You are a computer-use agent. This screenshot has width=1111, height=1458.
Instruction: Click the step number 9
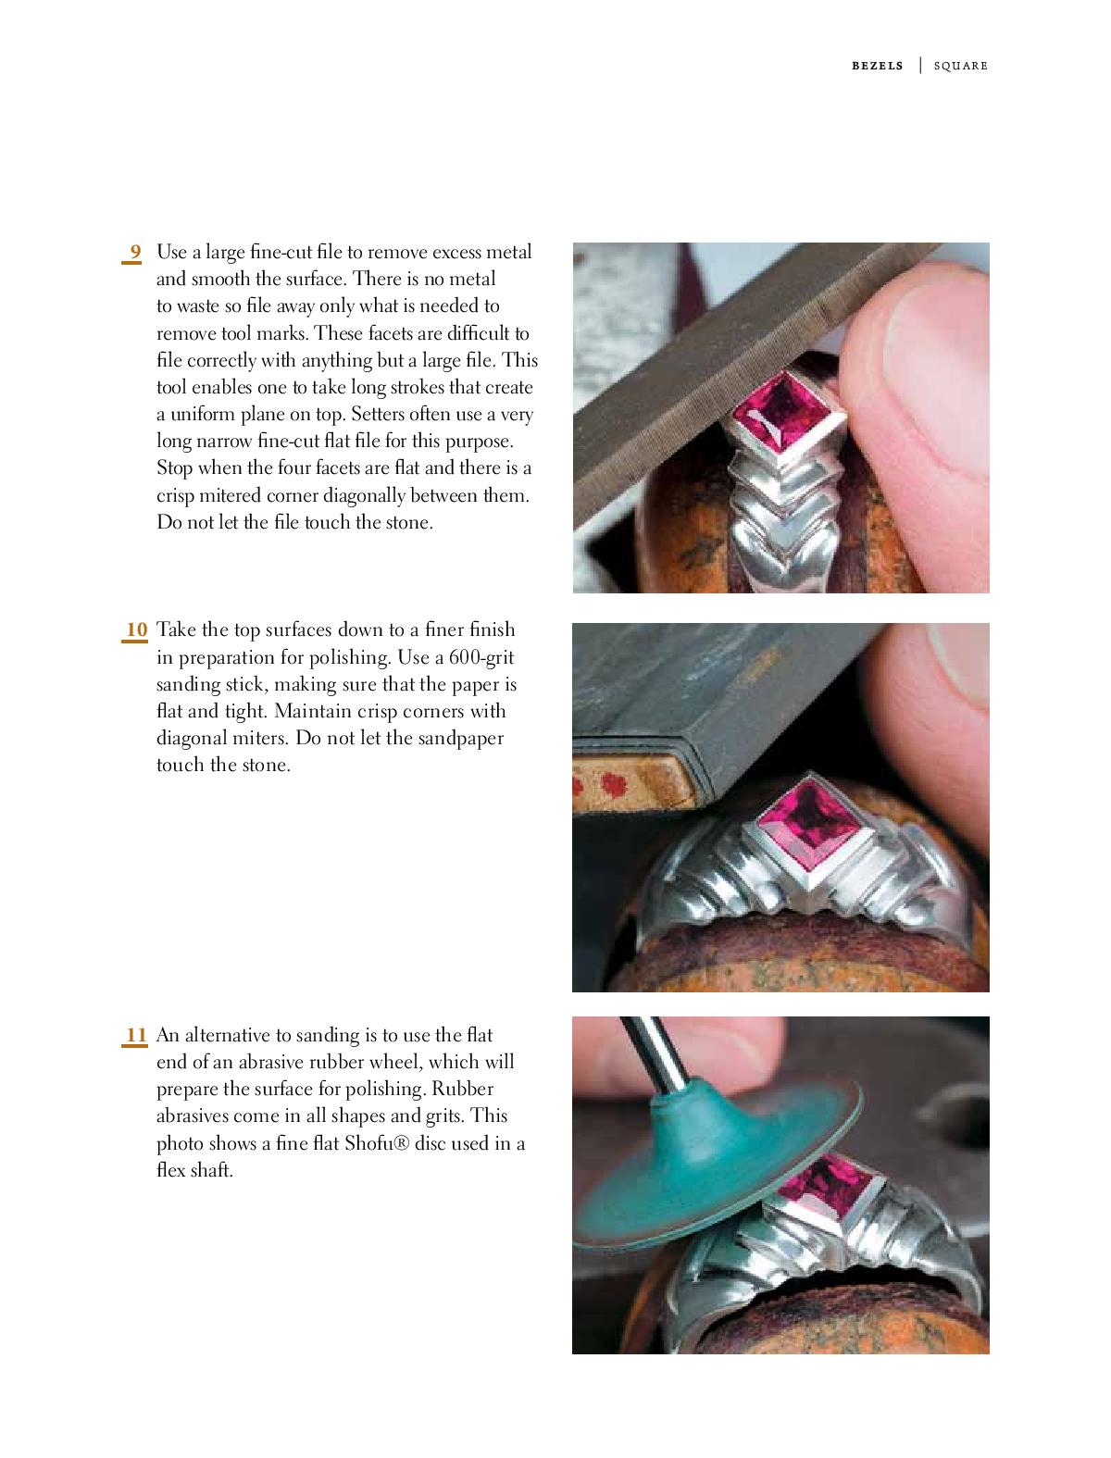click(135, 252)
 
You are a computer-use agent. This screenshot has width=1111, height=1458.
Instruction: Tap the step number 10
click(136, 630)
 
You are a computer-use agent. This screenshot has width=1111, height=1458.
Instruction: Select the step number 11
click(136, 1035)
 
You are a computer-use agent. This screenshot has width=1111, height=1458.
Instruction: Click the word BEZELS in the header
click(877, 66)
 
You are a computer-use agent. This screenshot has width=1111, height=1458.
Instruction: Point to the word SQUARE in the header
click(960, 66)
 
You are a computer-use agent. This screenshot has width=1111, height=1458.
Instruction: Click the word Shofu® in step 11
click(377, 1143)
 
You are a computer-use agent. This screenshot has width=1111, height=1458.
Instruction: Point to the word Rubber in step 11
click(462, 1089)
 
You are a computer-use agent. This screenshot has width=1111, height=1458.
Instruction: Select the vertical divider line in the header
click(920, 65)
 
